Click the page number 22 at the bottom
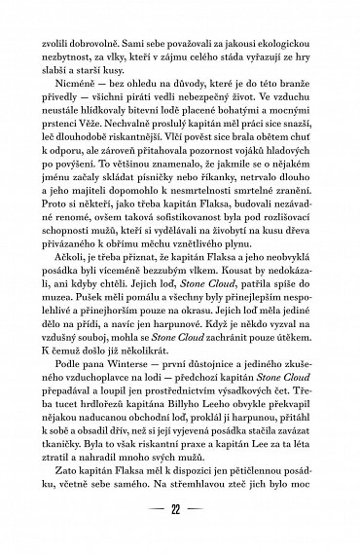(180, 534)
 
